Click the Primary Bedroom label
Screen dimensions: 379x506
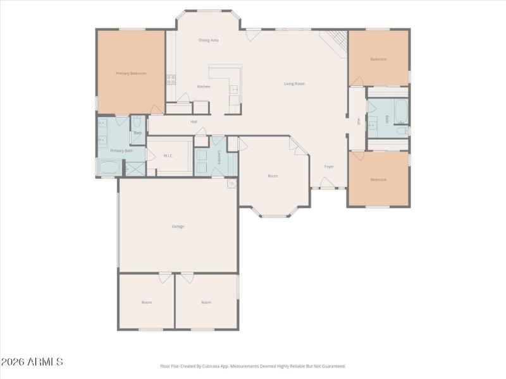(x=131, y=73)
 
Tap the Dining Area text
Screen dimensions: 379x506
(x=208, y=40)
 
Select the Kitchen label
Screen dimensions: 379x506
(x=203, y=87)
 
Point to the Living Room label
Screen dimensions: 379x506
(x=294, y=83)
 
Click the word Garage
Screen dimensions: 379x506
(x=178, y=226)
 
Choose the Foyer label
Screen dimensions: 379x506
(x=329, y=167)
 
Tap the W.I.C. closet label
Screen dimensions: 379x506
(x=168, y=155)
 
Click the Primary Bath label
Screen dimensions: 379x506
(x=121, y=151)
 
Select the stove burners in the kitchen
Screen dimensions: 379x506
(x=171, y=80)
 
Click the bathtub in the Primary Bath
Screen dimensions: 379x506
(x=109, y=169)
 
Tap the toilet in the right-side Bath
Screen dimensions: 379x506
(x=402, y=131)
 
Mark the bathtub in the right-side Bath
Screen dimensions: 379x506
(x=401, y=112)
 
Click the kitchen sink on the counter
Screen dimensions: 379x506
(x=234, y=90)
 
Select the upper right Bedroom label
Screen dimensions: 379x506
(x=378, y=59)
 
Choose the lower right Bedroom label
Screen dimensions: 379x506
(x=378, y=179)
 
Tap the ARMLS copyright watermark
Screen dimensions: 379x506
(x=32, y=362)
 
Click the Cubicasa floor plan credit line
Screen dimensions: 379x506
(x=253, y=366)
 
